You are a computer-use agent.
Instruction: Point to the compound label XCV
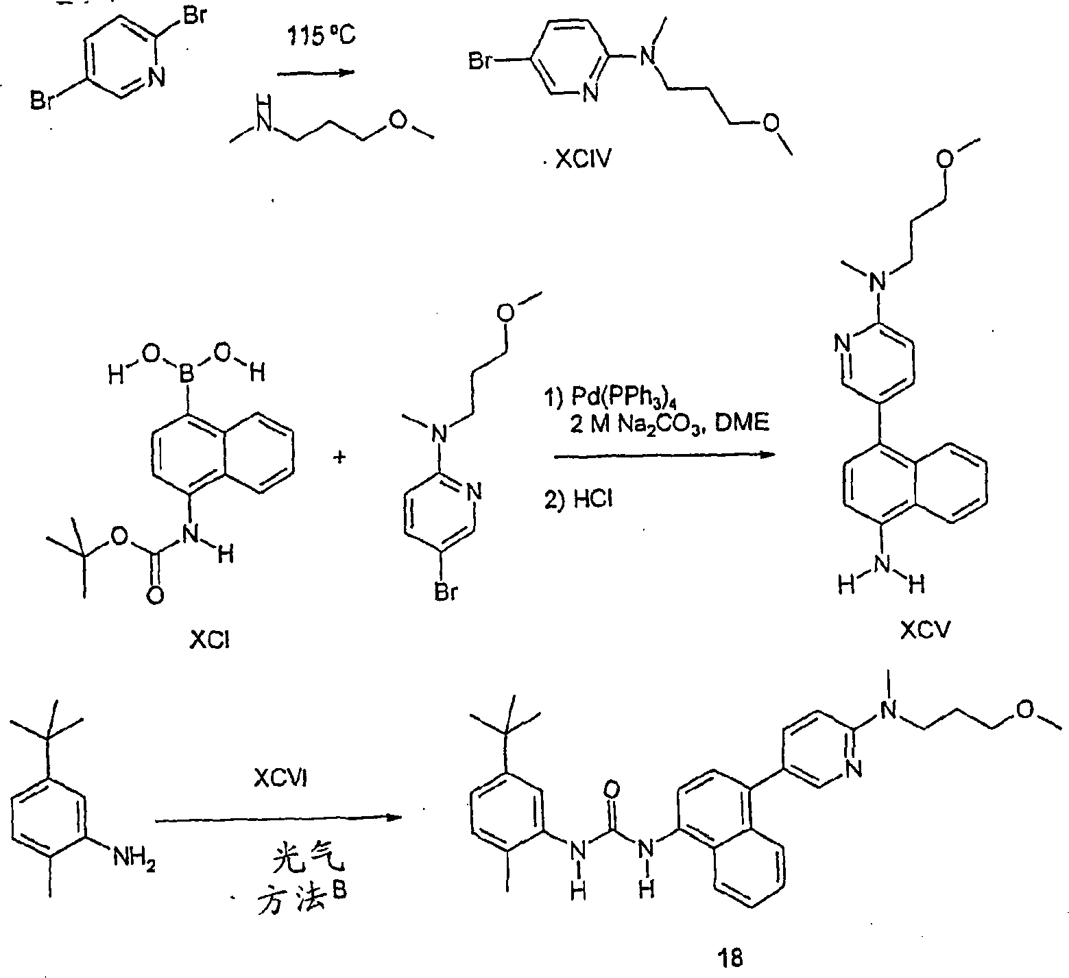coord(926,630)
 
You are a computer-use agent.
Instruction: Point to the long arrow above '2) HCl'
coord(660,455)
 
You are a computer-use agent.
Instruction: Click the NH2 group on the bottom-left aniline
coord(132,859)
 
